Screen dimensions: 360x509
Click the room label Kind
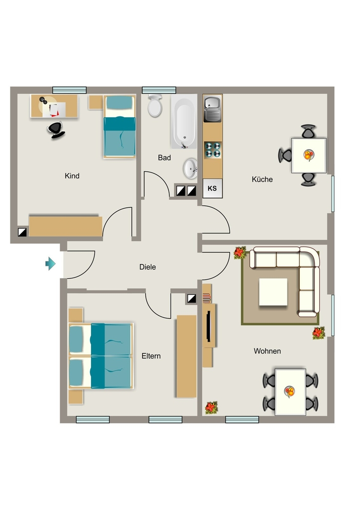click(x=72, y=176)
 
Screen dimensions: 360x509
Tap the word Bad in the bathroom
click(x=164, y=158)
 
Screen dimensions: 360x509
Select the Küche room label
click(x=262, y=179)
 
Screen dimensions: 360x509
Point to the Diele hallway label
click(x=147, y=267)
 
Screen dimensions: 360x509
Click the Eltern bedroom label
click(x=151, y=356)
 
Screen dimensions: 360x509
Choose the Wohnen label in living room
click(x=267, y=351)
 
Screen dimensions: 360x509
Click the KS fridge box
click(x=212, y=188)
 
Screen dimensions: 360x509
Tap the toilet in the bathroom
click(x=155, y=105)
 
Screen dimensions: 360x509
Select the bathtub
click(x=184, y=121)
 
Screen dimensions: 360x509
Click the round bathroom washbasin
click(x=190, y=169)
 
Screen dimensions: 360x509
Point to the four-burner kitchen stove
click(x=213, y=150)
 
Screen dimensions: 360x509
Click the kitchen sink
click(x=213, y=108)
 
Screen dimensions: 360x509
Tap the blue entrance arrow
click(x=50, y=263)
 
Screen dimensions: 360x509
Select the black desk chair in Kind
click(x=56, y=130)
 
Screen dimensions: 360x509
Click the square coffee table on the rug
click(x=273, y=292)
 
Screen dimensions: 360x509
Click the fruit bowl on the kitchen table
click(x=309, y=155)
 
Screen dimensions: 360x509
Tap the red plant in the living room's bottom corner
click(x=211, y=408)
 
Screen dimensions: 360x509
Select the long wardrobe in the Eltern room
click(x=186, y=356)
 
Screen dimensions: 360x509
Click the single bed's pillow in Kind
click(x=120, y=102)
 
